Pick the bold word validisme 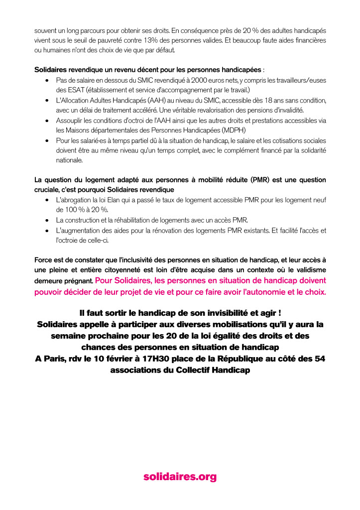coord(311,269)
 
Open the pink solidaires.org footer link coord(180,477)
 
